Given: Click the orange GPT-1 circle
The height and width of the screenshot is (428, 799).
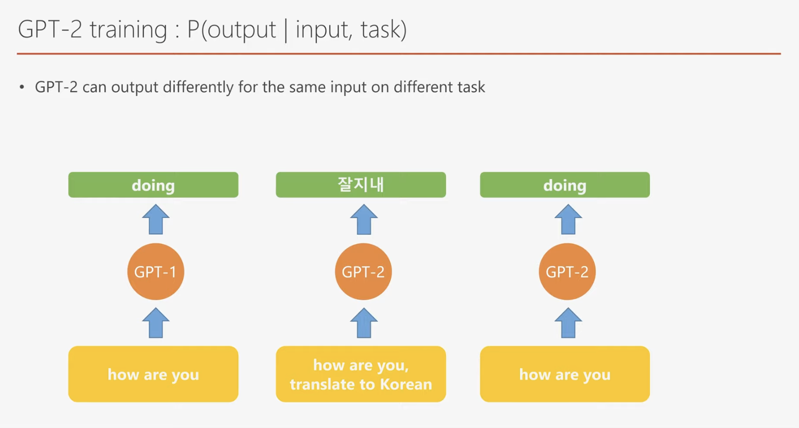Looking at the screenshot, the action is tap(155, 272).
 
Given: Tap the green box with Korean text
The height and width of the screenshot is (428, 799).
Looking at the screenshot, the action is tap(361, 185).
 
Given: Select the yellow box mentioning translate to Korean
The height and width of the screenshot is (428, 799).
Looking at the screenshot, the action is tap(361, 374).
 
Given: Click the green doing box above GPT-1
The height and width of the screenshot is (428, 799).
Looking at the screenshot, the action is tap(154, 185).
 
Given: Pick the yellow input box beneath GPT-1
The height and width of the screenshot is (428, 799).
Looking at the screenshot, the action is tap(154, 374).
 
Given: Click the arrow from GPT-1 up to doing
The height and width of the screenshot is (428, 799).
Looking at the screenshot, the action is tap(156, 219).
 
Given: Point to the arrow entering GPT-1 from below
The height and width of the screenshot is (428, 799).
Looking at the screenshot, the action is tap(156, 323).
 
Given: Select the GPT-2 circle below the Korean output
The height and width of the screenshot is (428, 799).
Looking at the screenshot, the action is tap(363, 272).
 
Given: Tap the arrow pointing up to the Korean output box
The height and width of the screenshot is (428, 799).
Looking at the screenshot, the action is tap(364, 219).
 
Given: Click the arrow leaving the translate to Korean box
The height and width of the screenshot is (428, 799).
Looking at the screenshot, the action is tap(364, 323).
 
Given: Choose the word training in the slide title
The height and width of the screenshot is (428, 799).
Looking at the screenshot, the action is tap(128, 30).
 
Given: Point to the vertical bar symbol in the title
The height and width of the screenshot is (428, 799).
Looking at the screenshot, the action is tap(286, 30).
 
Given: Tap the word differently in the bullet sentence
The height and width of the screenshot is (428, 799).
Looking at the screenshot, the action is tap(198, 88).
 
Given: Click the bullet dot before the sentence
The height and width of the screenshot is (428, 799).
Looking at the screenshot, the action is tap(22, 87).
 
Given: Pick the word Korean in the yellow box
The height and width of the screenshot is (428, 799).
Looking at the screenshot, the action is tap(406, 384).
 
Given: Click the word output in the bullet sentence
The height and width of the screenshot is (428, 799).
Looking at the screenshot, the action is tap(134, 88).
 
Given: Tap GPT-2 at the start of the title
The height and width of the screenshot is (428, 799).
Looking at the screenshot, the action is tap(50, 29).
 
